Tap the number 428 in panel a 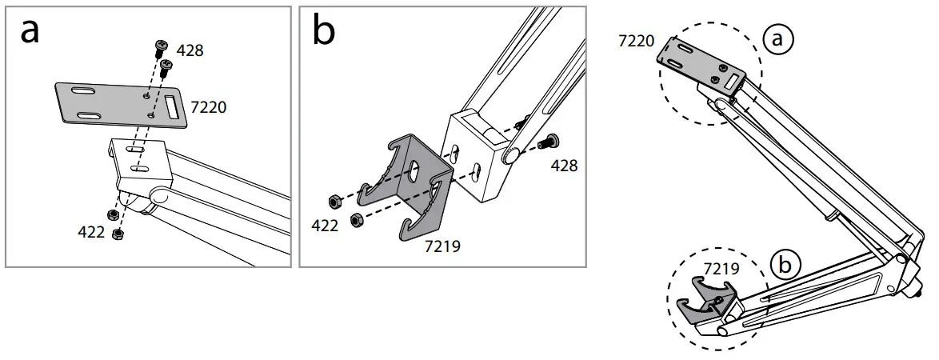[x=190, y=50]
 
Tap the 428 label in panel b [x=563, y=166]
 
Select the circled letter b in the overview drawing [x=787, y=265]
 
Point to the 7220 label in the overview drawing [x=637, y=40]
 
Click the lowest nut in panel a [x=119, y=233]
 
